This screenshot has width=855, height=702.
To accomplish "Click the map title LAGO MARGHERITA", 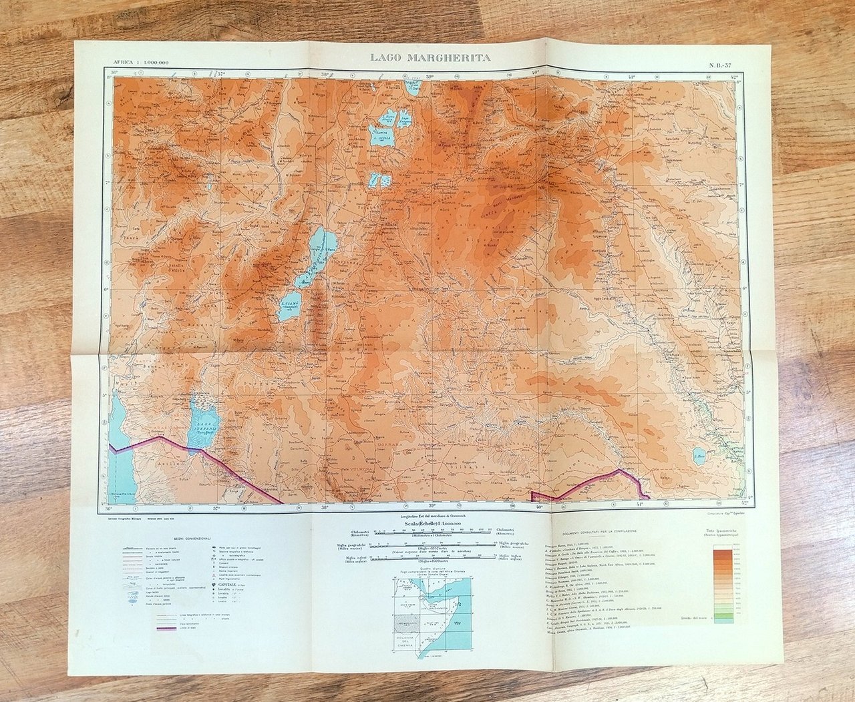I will point(430,58).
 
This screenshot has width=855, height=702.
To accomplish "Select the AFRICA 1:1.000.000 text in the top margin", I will point(141,62).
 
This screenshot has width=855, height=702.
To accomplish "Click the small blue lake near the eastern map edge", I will point(700,458).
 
